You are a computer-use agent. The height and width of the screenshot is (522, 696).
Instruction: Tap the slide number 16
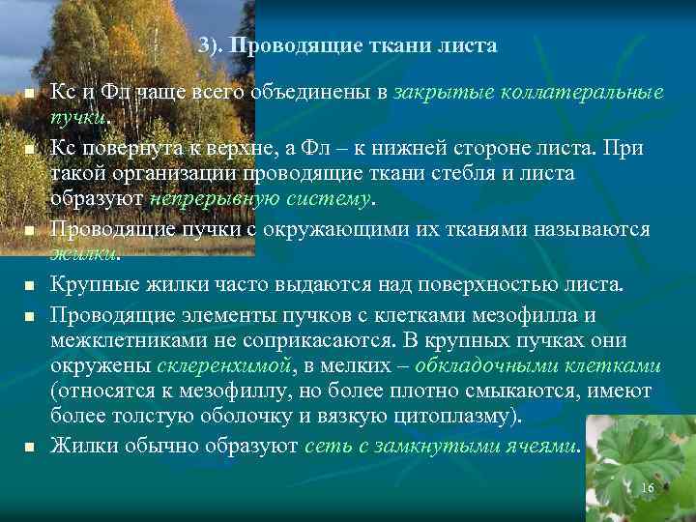647,488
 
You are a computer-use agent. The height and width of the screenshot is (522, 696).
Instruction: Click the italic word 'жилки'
83,254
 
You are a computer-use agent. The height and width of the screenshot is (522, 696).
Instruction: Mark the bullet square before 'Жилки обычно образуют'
30,448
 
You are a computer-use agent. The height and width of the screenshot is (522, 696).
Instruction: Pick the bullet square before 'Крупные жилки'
30,286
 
